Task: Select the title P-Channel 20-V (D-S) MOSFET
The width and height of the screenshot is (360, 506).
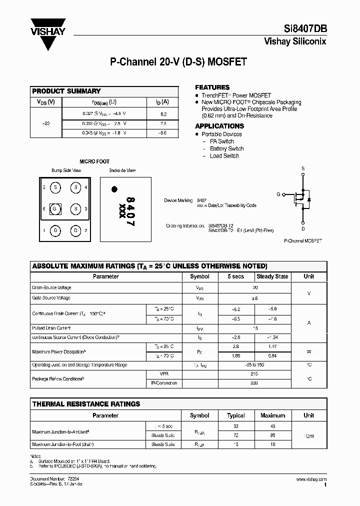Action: coord(178,62)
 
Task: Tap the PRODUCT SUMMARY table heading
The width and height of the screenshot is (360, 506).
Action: coord(66,91)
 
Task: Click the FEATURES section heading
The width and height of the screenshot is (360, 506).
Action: coord(212,87)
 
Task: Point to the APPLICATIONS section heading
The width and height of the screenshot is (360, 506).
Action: coord(219,126)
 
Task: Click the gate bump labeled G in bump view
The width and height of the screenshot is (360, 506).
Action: coord(56,209)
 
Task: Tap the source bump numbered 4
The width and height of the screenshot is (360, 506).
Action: coord(75,187)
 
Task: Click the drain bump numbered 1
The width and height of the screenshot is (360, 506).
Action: coord(56,230)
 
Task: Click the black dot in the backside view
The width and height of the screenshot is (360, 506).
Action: coord(114,189)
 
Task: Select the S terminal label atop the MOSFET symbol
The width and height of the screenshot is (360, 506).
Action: coord(303,168)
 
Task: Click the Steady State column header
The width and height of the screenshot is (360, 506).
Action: coord(272,276)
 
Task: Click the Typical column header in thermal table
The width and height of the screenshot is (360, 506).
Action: coord(236,415)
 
